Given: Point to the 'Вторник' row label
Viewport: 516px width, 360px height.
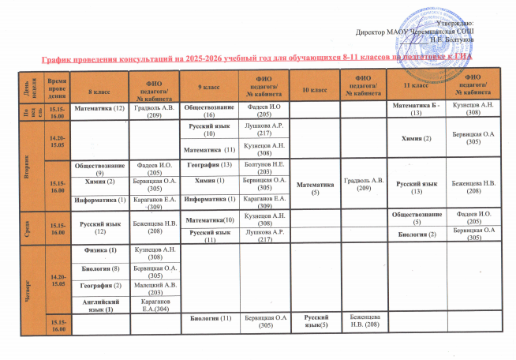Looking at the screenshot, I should [28, 167].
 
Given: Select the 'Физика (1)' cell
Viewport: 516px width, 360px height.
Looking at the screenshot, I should [100, 251].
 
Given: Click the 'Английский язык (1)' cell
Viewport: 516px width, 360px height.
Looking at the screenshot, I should [100, 305].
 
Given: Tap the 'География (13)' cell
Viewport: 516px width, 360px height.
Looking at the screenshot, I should [210, 164].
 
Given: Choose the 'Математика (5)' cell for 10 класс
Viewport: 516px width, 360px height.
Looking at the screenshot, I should [314, 187].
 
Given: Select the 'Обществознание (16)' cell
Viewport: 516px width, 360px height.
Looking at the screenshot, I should [209, 109].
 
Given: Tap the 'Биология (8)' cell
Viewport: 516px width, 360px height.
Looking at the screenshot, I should [100, 268].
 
